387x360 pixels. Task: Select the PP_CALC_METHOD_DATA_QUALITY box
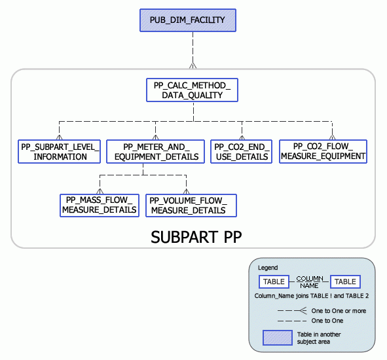point(192,90)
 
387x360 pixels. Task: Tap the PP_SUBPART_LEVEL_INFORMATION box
point(60,151)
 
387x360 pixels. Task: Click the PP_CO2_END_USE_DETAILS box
point(241,151)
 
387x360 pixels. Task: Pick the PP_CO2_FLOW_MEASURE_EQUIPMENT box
point(323,151)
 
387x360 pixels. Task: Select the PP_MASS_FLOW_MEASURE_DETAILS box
point(99,205)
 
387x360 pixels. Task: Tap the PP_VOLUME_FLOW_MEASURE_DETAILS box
point(191,205)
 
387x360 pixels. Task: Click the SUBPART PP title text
point(193,236)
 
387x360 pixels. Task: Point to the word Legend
point(267,268)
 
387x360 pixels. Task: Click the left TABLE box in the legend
point(274,281)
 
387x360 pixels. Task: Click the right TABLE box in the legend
point(345,281)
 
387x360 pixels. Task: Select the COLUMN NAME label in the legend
point(309,281)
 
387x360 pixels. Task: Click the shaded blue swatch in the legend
point(277,338)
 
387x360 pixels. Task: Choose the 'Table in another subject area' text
point(326,338)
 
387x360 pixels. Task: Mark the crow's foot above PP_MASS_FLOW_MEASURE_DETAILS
point(99,191)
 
